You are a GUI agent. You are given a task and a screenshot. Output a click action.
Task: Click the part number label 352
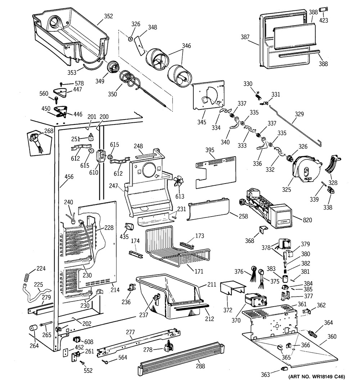108,16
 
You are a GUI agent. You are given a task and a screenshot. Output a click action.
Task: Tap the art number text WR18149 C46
317,377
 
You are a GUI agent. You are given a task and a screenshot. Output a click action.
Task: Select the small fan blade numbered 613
178,182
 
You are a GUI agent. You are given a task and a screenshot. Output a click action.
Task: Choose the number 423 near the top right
324,21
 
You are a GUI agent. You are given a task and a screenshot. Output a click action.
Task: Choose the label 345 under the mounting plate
202,122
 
